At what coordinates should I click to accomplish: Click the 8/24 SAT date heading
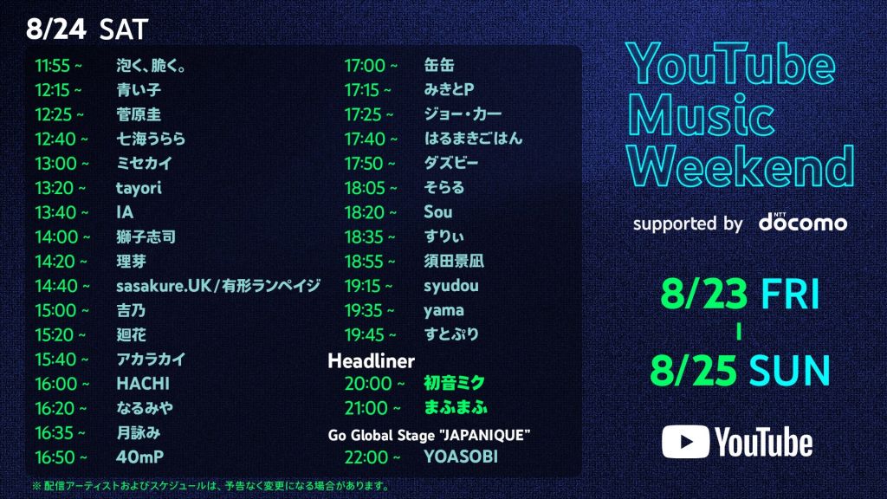click(87, 29)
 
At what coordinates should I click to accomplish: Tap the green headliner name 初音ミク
click(454, 383)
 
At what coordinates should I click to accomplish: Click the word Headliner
click(372, 360)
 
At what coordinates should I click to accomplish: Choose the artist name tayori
click(139, 188)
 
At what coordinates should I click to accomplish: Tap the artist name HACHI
click(143, 384)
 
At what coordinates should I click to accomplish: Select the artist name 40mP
click(139, 457)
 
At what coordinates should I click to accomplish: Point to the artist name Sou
click(438, 212)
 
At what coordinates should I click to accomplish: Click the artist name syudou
click(451, 286)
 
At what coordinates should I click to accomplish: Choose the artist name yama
click(443, 310)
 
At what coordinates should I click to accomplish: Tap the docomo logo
click(803, 223)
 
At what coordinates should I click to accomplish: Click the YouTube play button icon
click(685, 442)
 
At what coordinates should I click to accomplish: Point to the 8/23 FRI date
click(739, 295)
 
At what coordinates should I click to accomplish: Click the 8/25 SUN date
click(740, 371)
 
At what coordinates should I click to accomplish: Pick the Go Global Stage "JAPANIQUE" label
click(429, 434)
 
